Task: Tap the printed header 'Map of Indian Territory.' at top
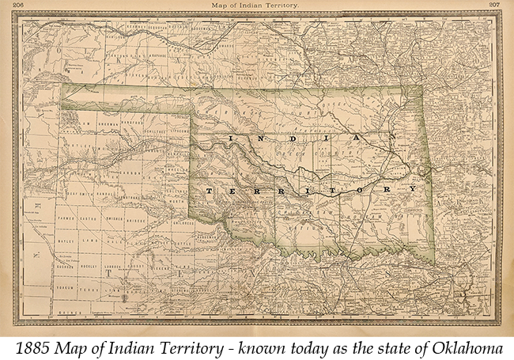(254, 6)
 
